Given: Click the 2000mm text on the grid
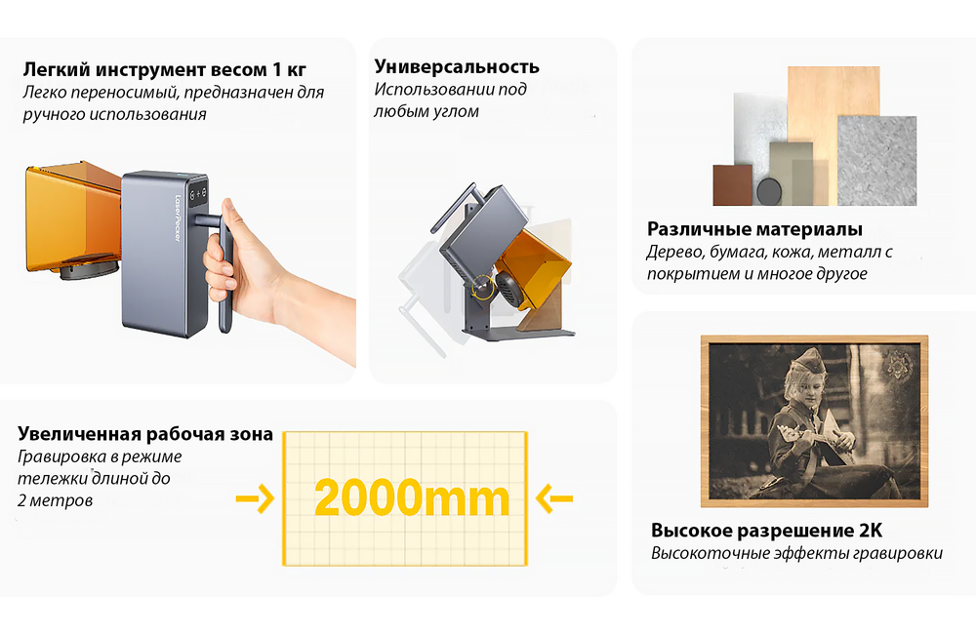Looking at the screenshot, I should [412, 498].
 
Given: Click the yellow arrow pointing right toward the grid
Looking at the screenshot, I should [255, 498].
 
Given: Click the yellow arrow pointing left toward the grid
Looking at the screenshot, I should [556, 499].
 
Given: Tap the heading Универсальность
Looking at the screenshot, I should [457, 67].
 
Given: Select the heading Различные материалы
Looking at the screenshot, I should [754, 230].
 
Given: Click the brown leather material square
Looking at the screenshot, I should [732, 185].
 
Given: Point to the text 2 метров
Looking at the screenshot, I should [57, 501].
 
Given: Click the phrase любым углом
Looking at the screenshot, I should [427, 112].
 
